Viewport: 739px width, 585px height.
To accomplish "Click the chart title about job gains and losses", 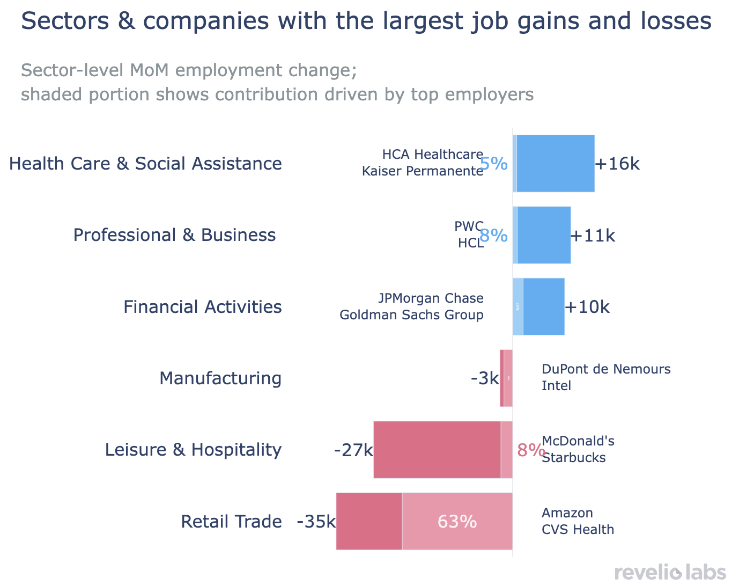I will (366, 21).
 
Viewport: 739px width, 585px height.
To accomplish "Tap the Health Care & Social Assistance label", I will (145, 164).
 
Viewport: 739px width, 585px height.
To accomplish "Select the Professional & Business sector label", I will (174, 235).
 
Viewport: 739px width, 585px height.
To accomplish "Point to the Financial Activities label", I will (202, 307).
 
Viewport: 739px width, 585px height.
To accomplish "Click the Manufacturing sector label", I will (220, 378).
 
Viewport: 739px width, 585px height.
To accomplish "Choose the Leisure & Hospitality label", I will (193, 450).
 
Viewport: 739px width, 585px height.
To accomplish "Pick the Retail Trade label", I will (231, 522).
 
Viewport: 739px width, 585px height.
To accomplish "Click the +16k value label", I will (617, 164).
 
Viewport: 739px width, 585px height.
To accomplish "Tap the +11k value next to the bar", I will (593, 236).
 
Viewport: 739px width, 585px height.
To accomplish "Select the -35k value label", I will (316, 522).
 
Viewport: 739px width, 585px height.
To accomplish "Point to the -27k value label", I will (353, 450).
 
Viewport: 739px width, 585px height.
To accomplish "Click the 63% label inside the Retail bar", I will (457, 522).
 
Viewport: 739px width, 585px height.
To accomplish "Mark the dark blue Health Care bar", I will (556, 164).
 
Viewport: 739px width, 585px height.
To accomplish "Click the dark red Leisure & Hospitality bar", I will (437, 450).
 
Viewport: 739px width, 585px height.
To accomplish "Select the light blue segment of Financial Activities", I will (518, 306).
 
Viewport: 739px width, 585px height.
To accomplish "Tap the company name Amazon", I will (567, 513).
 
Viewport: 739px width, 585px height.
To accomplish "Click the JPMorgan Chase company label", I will (431, 298).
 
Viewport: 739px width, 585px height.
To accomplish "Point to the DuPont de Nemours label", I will (606, 369).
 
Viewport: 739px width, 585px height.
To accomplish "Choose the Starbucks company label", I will (573, 458).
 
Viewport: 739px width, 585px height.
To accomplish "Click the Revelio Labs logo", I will (670, 572).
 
